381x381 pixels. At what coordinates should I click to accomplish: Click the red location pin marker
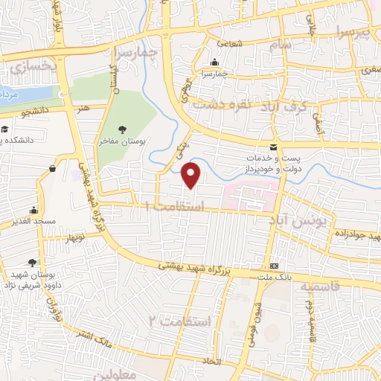click(x=192, y=175)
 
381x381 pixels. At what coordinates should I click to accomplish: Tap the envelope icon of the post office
click(x=273, y=147)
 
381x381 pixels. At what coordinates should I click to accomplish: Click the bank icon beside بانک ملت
click(x=275, y=266)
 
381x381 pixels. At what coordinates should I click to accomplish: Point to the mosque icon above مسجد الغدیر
click(x=33, y=211)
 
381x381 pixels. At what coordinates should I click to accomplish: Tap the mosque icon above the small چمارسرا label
click(x=214, y=63)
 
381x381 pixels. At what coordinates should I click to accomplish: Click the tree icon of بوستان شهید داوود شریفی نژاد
click(x=32, y=262)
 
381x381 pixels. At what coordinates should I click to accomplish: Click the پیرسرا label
click(x=351, y=31)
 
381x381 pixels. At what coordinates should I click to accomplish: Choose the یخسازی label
click(x=33, y=67)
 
